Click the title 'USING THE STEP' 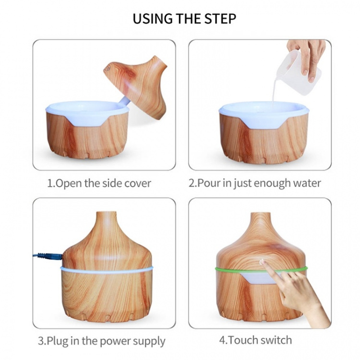[x=184, y=19]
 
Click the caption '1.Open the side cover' [x=99, y=183]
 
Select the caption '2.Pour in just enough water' [x=255, y=183]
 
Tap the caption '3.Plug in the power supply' [x=102, y=341]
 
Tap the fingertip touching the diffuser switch [x=264, y=264]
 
